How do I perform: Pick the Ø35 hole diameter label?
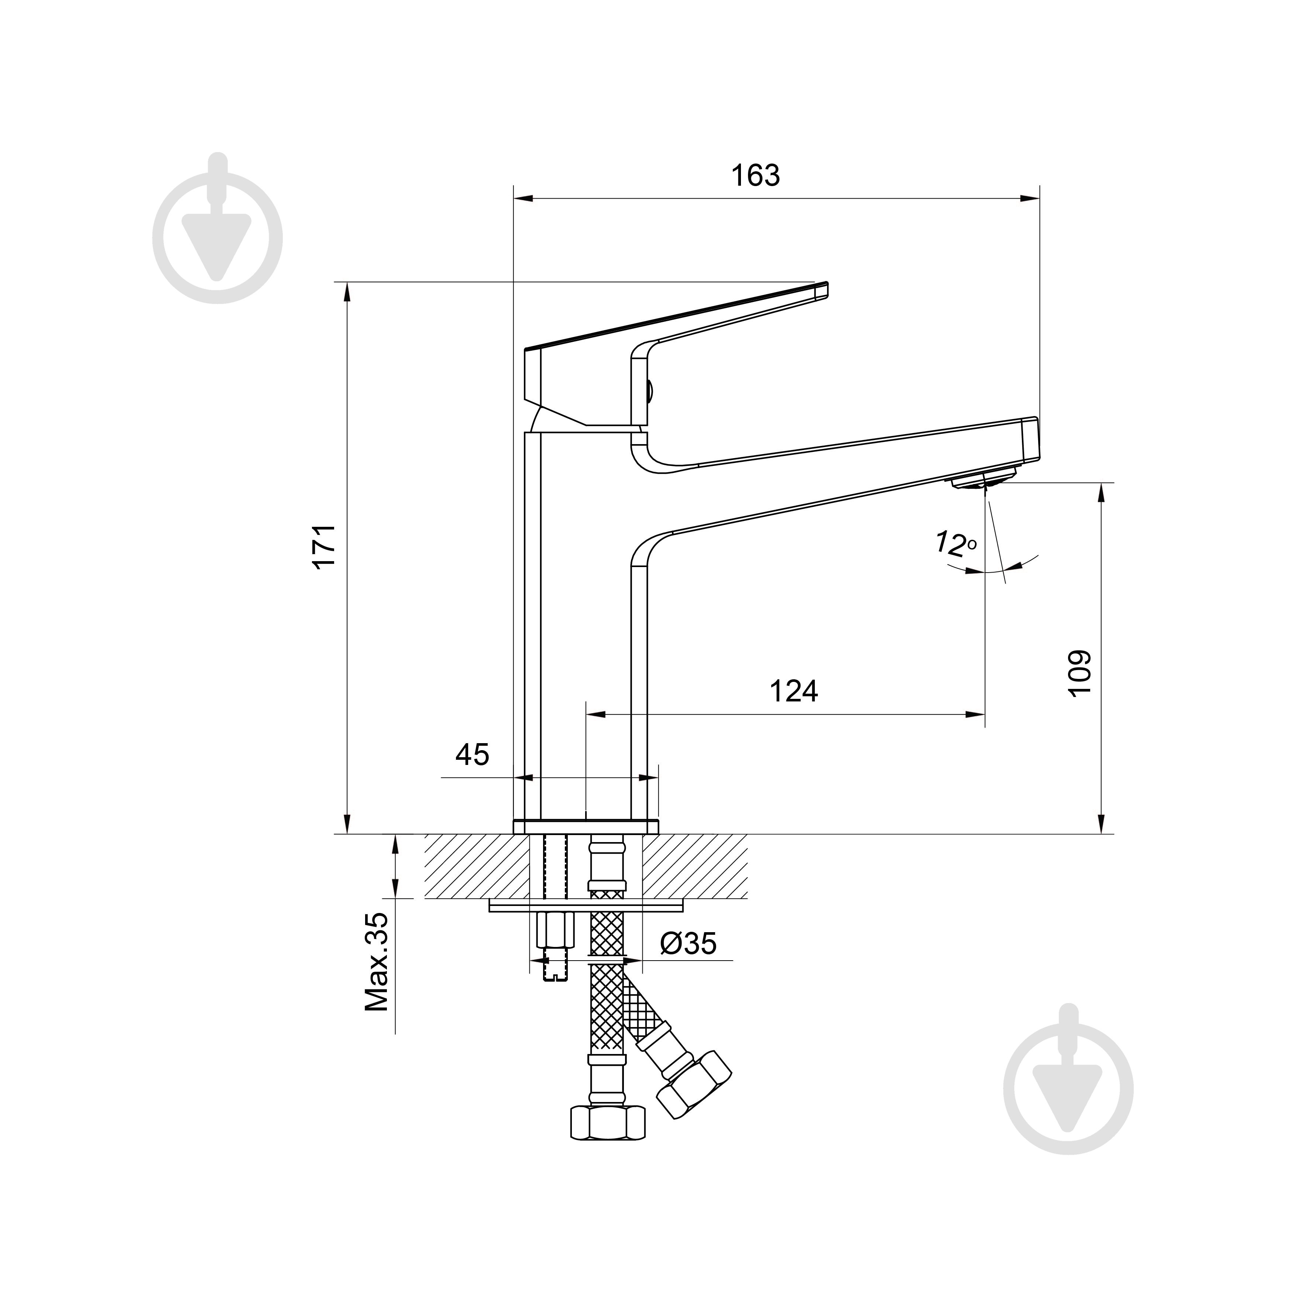(x=688, y=943)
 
